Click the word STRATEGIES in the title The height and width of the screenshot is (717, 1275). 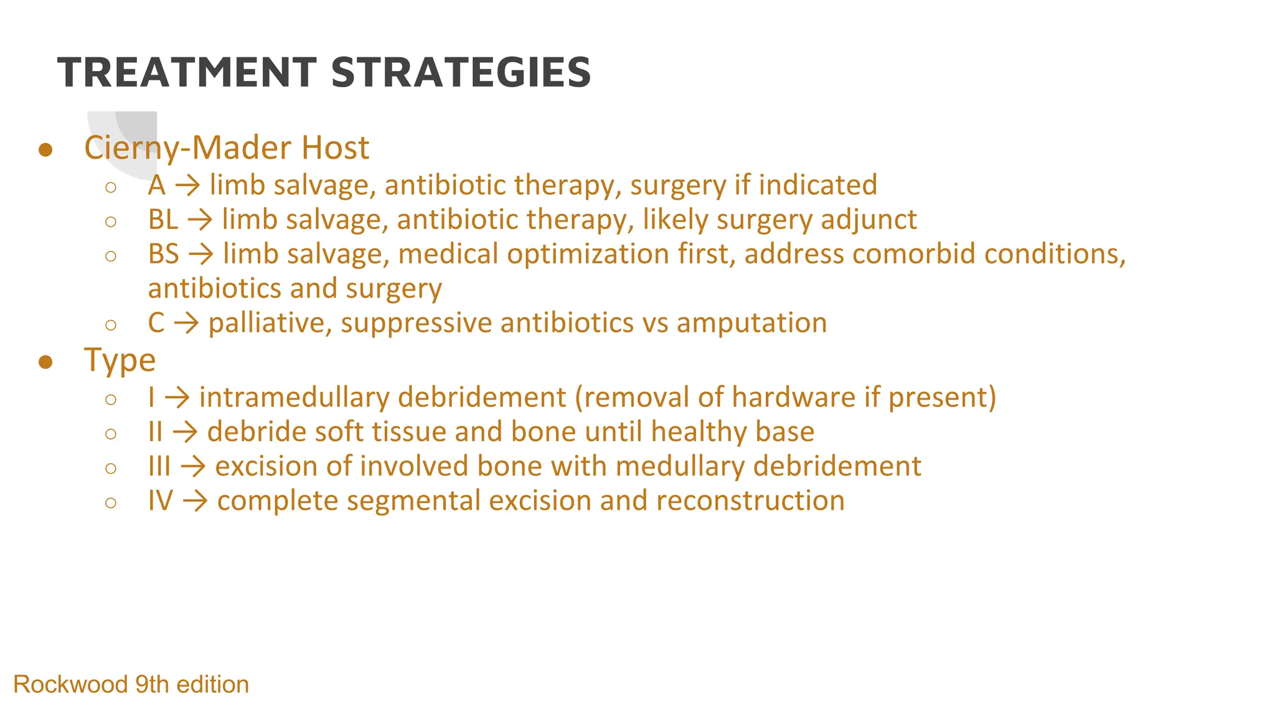(461, 73)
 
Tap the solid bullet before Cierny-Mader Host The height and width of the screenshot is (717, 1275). (45, 150)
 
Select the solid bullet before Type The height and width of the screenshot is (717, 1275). (45, 362)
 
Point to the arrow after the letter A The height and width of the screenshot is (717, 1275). (187, 185)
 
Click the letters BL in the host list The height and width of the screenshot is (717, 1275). (162, 220)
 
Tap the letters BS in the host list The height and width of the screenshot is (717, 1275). (163, 254)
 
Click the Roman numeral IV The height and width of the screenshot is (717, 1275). (160, 501)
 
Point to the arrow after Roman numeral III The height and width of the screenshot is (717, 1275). (193, 467)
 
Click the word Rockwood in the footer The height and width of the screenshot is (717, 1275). (70, 685)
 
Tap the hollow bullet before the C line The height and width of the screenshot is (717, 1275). (111, 325)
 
